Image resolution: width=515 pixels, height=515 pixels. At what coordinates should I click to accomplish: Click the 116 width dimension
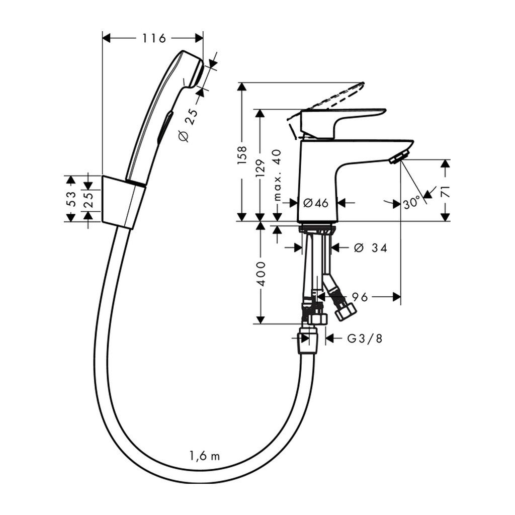[153, 38]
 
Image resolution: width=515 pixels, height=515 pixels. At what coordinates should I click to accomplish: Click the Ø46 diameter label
[316, 203]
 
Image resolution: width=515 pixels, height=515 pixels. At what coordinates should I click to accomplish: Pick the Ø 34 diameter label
[370, 247]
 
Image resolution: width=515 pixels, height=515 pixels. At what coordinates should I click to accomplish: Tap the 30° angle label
[411, 203]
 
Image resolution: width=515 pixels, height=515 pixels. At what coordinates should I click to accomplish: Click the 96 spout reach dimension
[358, 297]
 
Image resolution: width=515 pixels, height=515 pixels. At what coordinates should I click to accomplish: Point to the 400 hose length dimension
[260, 274]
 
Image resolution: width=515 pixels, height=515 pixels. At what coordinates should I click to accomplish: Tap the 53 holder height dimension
[71, 198]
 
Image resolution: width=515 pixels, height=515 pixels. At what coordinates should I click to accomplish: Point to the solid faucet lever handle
[342, 117]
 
